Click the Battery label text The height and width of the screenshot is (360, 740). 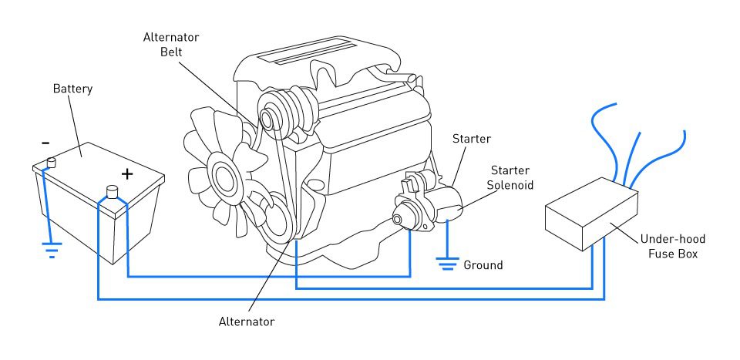[72, 89]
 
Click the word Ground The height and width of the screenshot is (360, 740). [483, 265]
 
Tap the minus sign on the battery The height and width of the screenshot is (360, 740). [45, 143]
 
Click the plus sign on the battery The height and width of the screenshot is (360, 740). [127, 173]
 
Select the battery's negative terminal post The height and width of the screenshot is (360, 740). [52, 162]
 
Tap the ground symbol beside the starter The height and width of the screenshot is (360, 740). [446, 264]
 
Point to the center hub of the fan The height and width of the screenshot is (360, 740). [226, 175]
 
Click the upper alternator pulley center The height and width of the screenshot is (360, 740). [267, 120]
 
